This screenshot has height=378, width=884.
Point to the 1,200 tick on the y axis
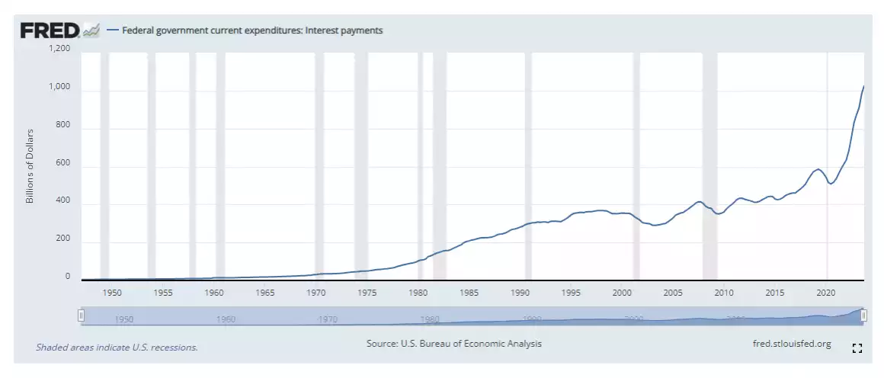[x=59, y=49]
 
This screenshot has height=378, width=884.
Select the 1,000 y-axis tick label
[x=59, y=88]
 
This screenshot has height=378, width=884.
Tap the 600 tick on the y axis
[x=63, y=164]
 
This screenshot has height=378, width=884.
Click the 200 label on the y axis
[x=63, y=239]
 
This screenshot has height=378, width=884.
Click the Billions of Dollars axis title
[x=30, y=166]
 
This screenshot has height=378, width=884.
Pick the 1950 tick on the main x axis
[x=112, y=293]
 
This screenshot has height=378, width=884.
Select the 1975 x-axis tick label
[x=367, y=293]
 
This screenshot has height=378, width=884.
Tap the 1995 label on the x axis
[x=571, y=293]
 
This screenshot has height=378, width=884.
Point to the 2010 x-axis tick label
[x=724, y=293]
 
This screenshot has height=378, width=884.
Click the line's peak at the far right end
[x=863, y=86]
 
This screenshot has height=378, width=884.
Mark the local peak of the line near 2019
[x=818, y=169]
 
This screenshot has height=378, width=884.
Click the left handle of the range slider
[x=81, y=316]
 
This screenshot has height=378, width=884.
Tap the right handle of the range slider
[x=863, y=316]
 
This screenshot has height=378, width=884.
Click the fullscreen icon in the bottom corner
[x=857, y=348]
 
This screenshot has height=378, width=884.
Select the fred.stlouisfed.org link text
[x=791, y=344]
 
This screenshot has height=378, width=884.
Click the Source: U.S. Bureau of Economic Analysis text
[x=454, y=344]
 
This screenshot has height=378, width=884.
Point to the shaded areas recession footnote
[x=117, y=348]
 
